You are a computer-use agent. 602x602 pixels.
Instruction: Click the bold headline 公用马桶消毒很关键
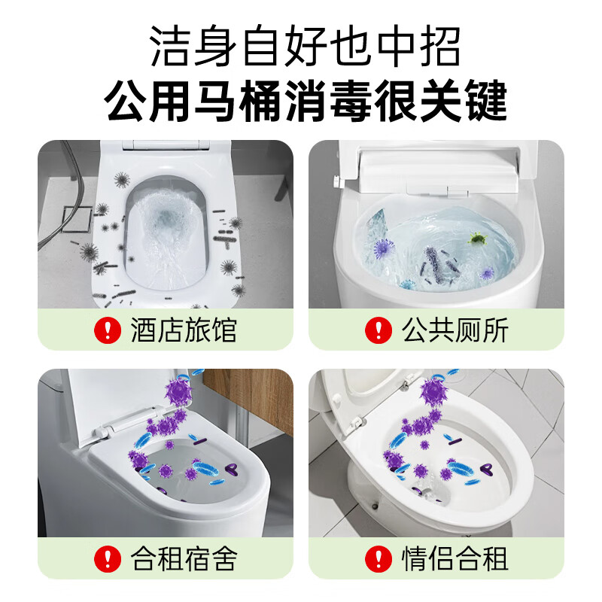(306, 102)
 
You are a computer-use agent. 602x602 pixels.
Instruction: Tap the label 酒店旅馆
(184, 330)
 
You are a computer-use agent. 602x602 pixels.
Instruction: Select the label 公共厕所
(455, 330)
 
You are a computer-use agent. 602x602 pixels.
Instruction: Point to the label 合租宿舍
(184, 558)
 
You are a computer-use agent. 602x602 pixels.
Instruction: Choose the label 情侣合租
(455, 558)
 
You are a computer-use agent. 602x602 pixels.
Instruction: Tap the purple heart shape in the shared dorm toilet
(233, 470)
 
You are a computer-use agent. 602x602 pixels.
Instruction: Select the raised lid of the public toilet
(436, 166)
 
